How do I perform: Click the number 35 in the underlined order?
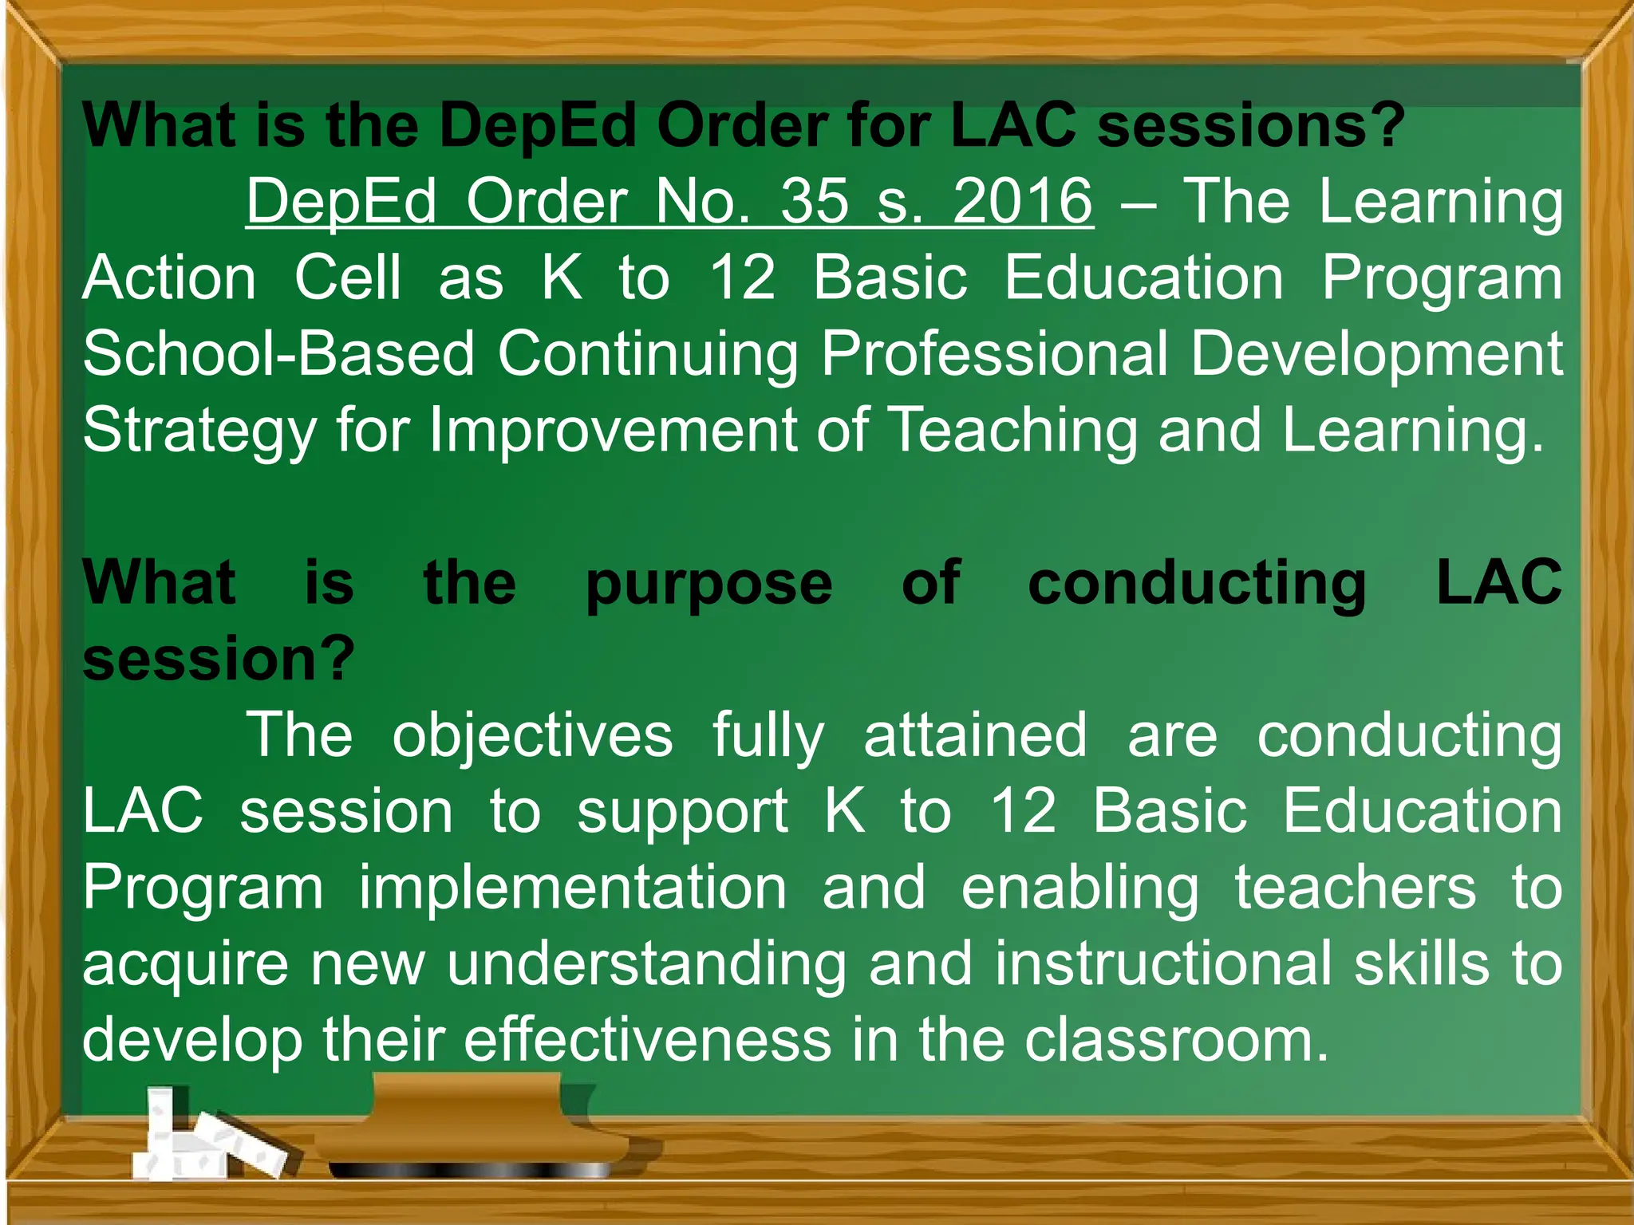(815, 201)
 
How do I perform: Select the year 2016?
(1023, 201)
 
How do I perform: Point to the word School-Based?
(279, 354)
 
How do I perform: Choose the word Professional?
(994, 354)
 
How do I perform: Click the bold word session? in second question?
(219, 659)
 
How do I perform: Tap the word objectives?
(532, 735)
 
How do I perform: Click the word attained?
(975, 735)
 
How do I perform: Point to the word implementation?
(572, 888)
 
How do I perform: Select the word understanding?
(646, 963)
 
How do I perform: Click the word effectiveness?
(648, 1040)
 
